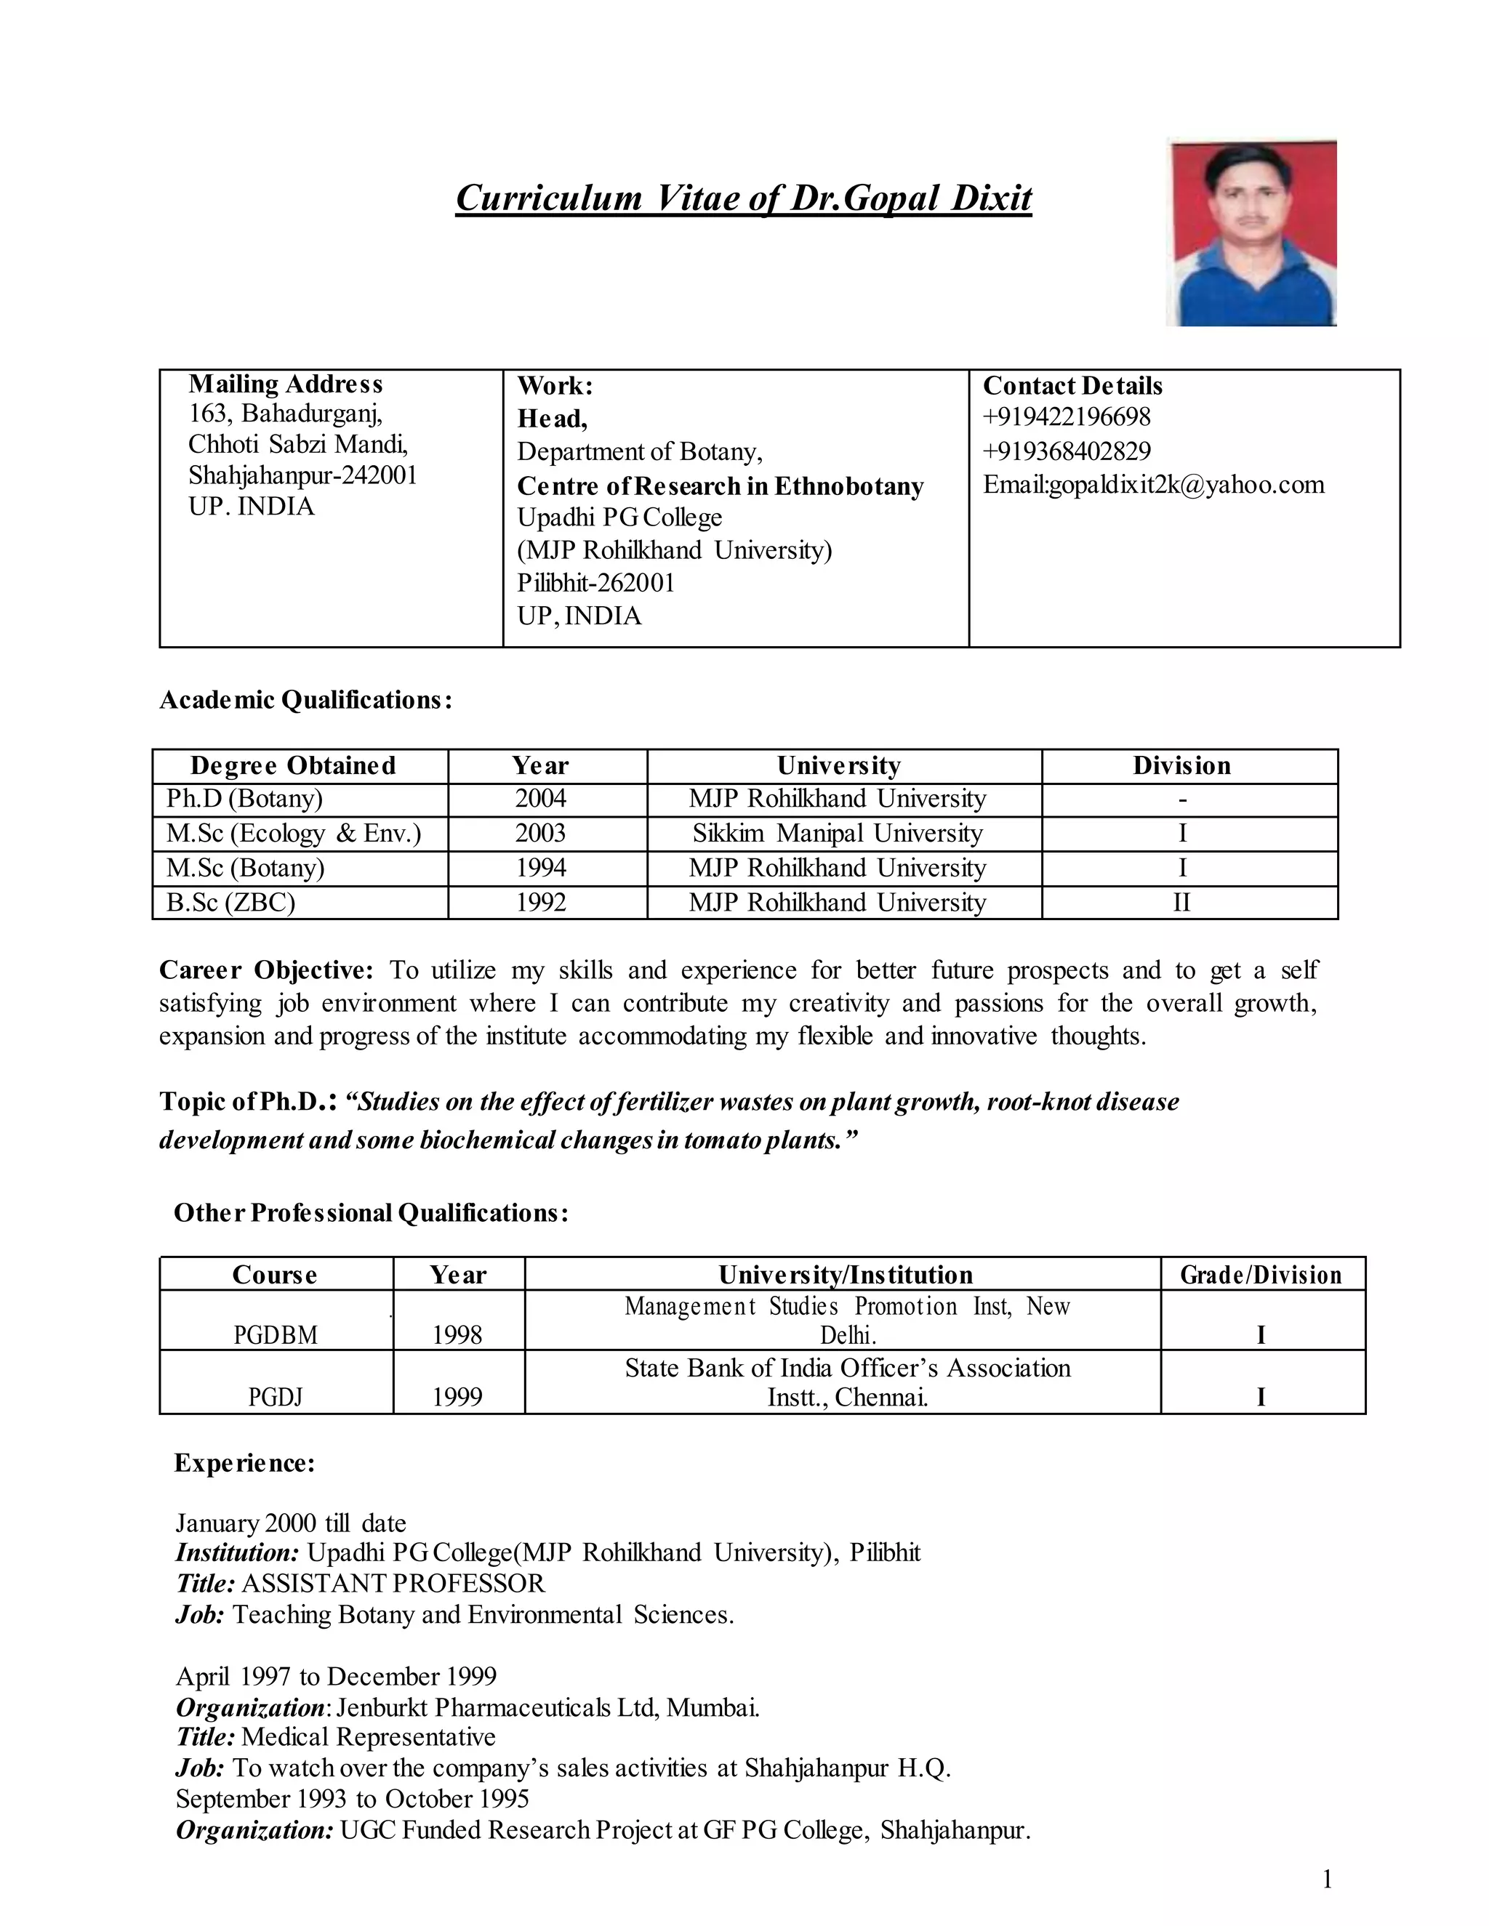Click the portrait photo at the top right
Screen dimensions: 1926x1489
[1251, 233]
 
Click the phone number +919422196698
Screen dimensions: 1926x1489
[1067, 417]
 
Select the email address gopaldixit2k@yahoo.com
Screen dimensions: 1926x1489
[1187, 485]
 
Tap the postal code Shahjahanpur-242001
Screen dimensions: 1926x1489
[302, 476]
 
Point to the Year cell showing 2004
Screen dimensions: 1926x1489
[540, 799]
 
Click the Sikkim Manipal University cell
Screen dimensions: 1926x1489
[837, 834]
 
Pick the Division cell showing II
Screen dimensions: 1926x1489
[1181, 902]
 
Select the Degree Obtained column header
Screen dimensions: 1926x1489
[293, 765]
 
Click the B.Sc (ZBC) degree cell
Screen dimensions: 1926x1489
[231, 902]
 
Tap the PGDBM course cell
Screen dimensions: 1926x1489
[276, 1334]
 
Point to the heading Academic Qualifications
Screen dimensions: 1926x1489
[306, 700]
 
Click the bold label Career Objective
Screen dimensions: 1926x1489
[266, 970]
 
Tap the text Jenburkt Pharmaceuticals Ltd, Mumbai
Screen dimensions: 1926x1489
[547, 1707]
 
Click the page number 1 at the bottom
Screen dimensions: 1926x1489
[1327, 1880]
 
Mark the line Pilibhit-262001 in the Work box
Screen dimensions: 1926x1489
[595, 583]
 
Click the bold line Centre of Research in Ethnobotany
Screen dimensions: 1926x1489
[720, 486]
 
